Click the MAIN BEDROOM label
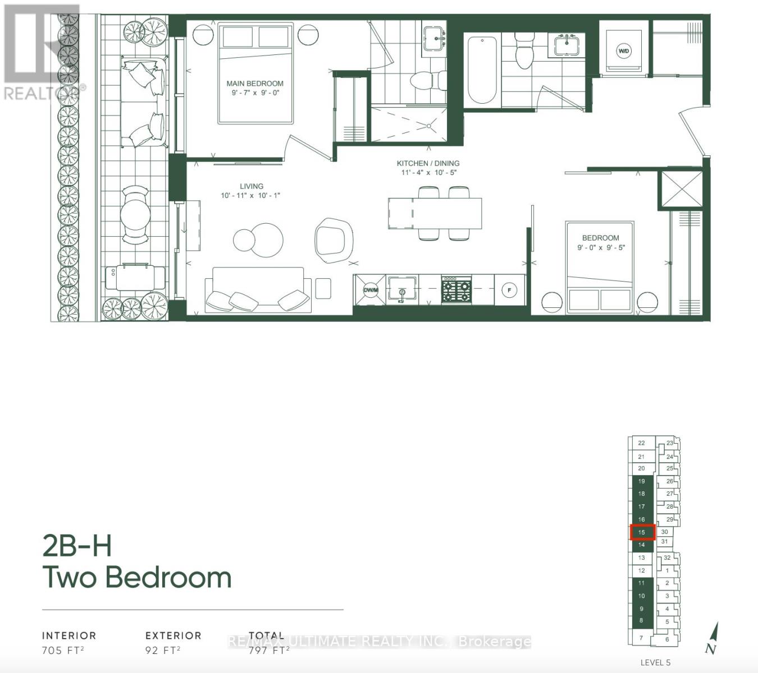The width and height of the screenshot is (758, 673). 255,84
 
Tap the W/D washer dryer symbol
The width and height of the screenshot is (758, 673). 623,51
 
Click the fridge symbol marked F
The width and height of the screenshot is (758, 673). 509,290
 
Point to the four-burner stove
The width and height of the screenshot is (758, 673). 456,289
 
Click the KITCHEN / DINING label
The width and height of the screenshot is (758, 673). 428,163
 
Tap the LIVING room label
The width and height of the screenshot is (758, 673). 251,186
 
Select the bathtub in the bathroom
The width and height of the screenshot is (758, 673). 482,70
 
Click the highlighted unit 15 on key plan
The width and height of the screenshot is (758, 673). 642,532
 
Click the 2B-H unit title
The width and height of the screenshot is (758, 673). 77,546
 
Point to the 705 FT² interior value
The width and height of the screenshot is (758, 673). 63,651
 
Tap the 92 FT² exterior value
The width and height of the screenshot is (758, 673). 163,651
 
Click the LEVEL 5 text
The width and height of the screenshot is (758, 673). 655,662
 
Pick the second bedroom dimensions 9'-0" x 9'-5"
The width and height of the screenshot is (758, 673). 601,247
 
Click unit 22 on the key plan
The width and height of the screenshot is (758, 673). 641,443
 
